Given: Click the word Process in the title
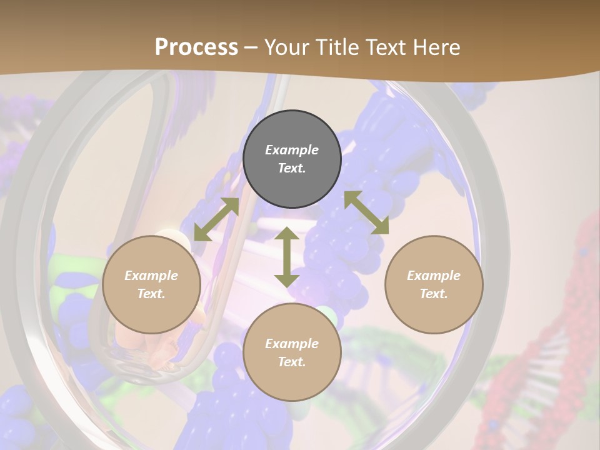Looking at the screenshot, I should pos(196,47).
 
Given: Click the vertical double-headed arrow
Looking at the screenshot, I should pos(287,257).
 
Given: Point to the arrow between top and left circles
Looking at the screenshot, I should pos(216,219).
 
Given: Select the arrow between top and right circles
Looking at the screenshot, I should pos(366,212).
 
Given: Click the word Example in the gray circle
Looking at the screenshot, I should pos(292,150).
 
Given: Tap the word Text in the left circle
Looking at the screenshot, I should pos(151,294).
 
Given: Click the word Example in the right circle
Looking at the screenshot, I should pos(434,276).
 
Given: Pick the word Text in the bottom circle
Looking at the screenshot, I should pos(292,362).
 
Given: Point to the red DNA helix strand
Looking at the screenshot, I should pos(550,350).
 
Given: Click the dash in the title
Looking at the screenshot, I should pos(251,47).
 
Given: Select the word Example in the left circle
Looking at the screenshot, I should pos(151,276).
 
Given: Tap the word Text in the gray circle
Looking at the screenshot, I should pos(292,168).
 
